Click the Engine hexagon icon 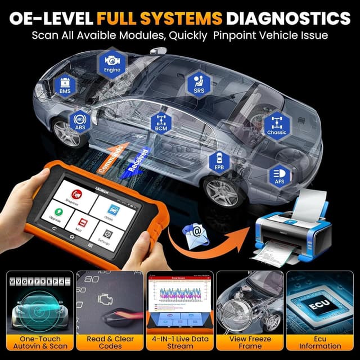click(112, 64)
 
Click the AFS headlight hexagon click(279, 174)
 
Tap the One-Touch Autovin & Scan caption click(38, 343)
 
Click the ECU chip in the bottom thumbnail click(321, 305)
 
